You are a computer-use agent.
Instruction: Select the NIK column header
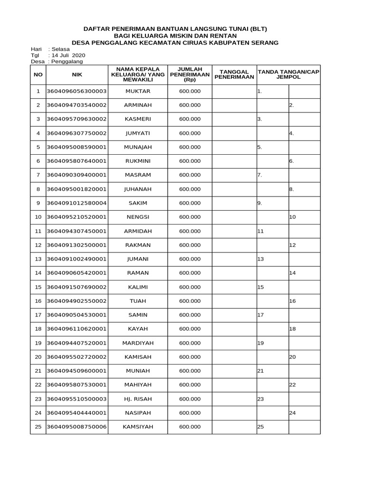coord(77,75)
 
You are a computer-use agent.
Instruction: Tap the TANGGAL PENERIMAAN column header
coord(234,75)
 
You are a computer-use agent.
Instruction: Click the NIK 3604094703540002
coord(77,105)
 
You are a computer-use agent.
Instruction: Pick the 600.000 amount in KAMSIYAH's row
coord(190,427)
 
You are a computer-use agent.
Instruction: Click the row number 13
coord(38,259)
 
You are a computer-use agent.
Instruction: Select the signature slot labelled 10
coord(293,217)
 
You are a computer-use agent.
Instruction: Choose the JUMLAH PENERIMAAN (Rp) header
coord(190,75)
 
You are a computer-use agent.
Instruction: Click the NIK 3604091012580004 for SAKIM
coord(77,203)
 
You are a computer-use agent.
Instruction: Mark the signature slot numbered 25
coord(260,427)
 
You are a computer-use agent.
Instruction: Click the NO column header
coord(38,75)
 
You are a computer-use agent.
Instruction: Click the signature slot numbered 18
coord(293,329)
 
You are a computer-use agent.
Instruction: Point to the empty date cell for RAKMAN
coord(234,245)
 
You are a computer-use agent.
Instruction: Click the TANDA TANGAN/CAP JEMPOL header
coord(288,75)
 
